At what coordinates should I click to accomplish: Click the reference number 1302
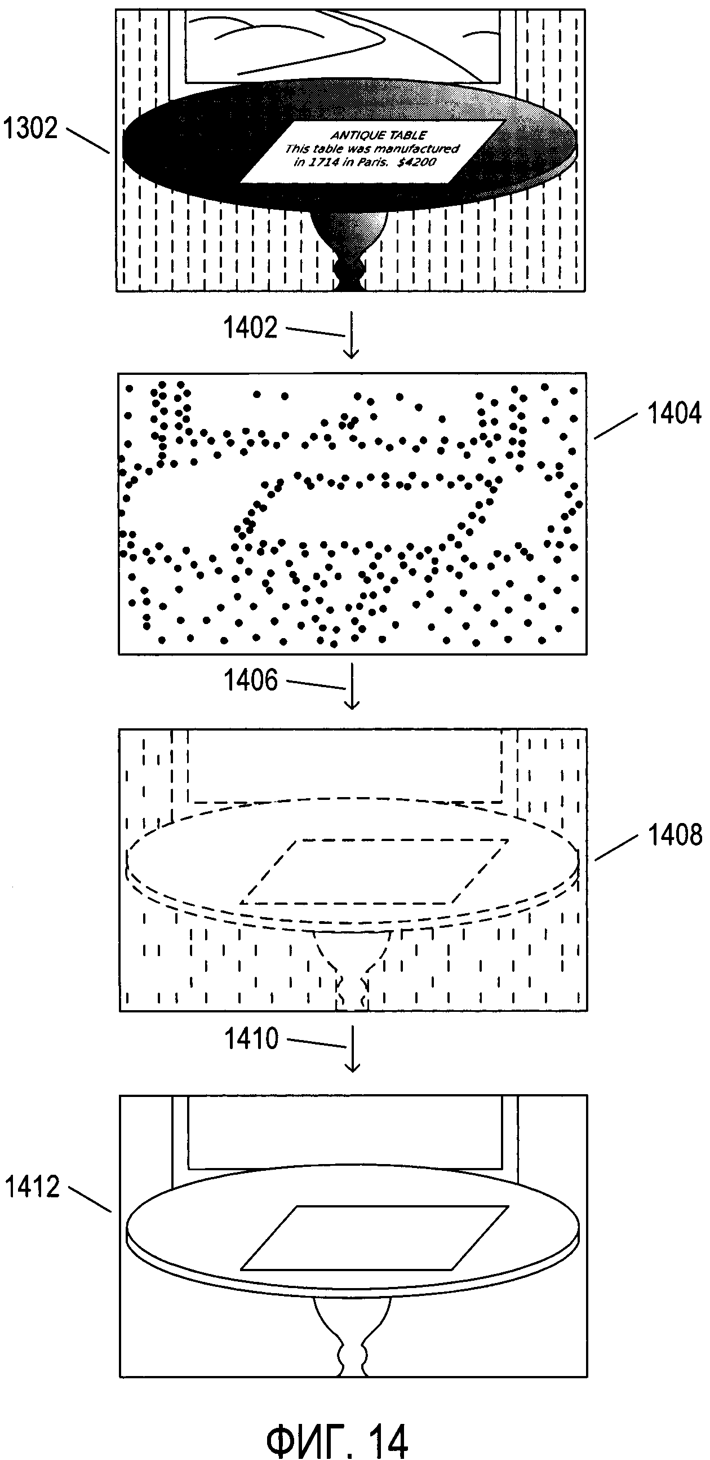(x=30, y=129)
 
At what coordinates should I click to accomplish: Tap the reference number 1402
(x=250, y=328)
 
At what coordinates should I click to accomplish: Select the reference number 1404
(x=674, y=413)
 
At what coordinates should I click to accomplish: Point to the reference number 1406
(x=250, y=680)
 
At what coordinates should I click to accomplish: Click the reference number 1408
(x=674, y=835)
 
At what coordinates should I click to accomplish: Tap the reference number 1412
(x=32, y=1186)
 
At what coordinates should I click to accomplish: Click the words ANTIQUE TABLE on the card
(x=379, y=135)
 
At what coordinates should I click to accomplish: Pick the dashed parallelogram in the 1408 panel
(x=374, y=871)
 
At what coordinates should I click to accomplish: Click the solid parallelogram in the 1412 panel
(x=374, y=1237)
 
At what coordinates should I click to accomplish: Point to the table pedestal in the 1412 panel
(x=352, y=1335)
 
